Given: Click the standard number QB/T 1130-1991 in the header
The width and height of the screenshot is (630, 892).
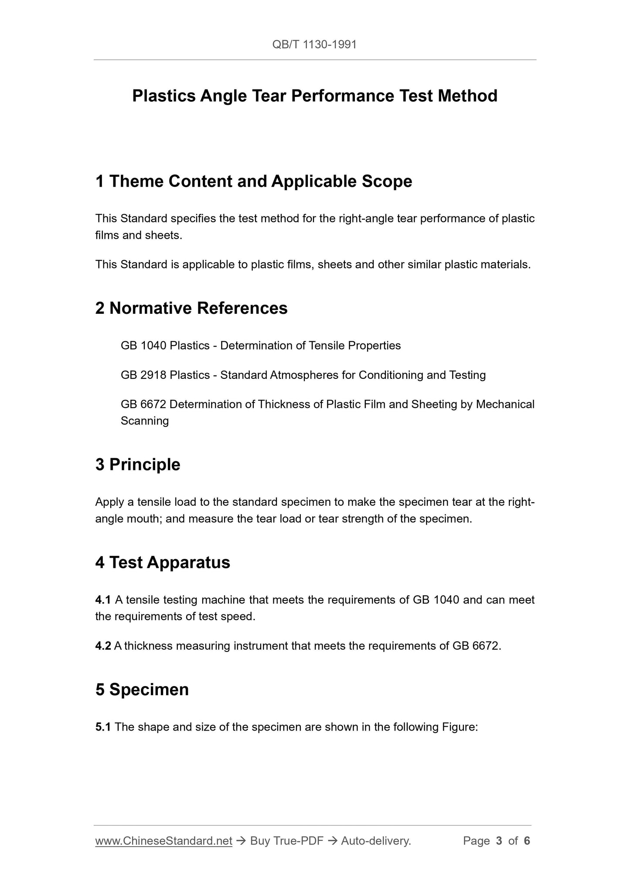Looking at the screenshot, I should [314, 45].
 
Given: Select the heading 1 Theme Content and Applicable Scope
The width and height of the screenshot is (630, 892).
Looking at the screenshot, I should [253, 182].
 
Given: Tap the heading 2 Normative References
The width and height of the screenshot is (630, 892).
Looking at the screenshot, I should [191, 308].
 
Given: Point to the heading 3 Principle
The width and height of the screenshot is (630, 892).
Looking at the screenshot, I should [138, 464].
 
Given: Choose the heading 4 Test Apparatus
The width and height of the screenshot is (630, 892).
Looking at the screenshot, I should [163, 563].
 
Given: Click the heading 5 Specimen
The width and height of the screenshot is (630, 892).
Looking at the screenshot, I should [142, 690].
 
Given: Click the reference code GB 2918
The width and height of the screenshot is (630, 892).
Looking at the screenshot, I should [143, 375].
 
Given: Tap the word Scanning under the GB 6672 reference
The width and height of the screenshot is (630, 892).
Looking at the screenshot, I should [145, 421].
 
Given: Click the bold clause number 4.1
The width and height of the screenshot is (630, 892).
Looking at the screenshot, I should [103, 600].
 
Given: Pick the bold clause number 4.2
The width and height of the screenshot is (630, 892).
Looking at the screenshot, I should [103, 646].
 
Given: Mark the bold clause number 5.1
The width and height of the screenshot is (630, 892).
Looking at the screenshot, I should [103, 727].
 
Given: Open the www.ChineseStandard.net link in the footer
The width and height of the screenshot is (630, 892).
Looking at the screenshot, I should [163, 841].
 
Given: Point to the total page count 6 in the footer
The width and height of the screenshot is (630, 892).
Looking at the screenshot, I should [527, 841].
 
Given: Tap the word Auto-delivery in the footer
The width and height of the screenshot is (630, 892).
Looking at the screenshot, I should [375, 841].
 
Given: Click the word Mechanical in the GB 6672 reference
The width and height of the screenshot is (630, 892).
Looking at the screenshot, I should [505, 404].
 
